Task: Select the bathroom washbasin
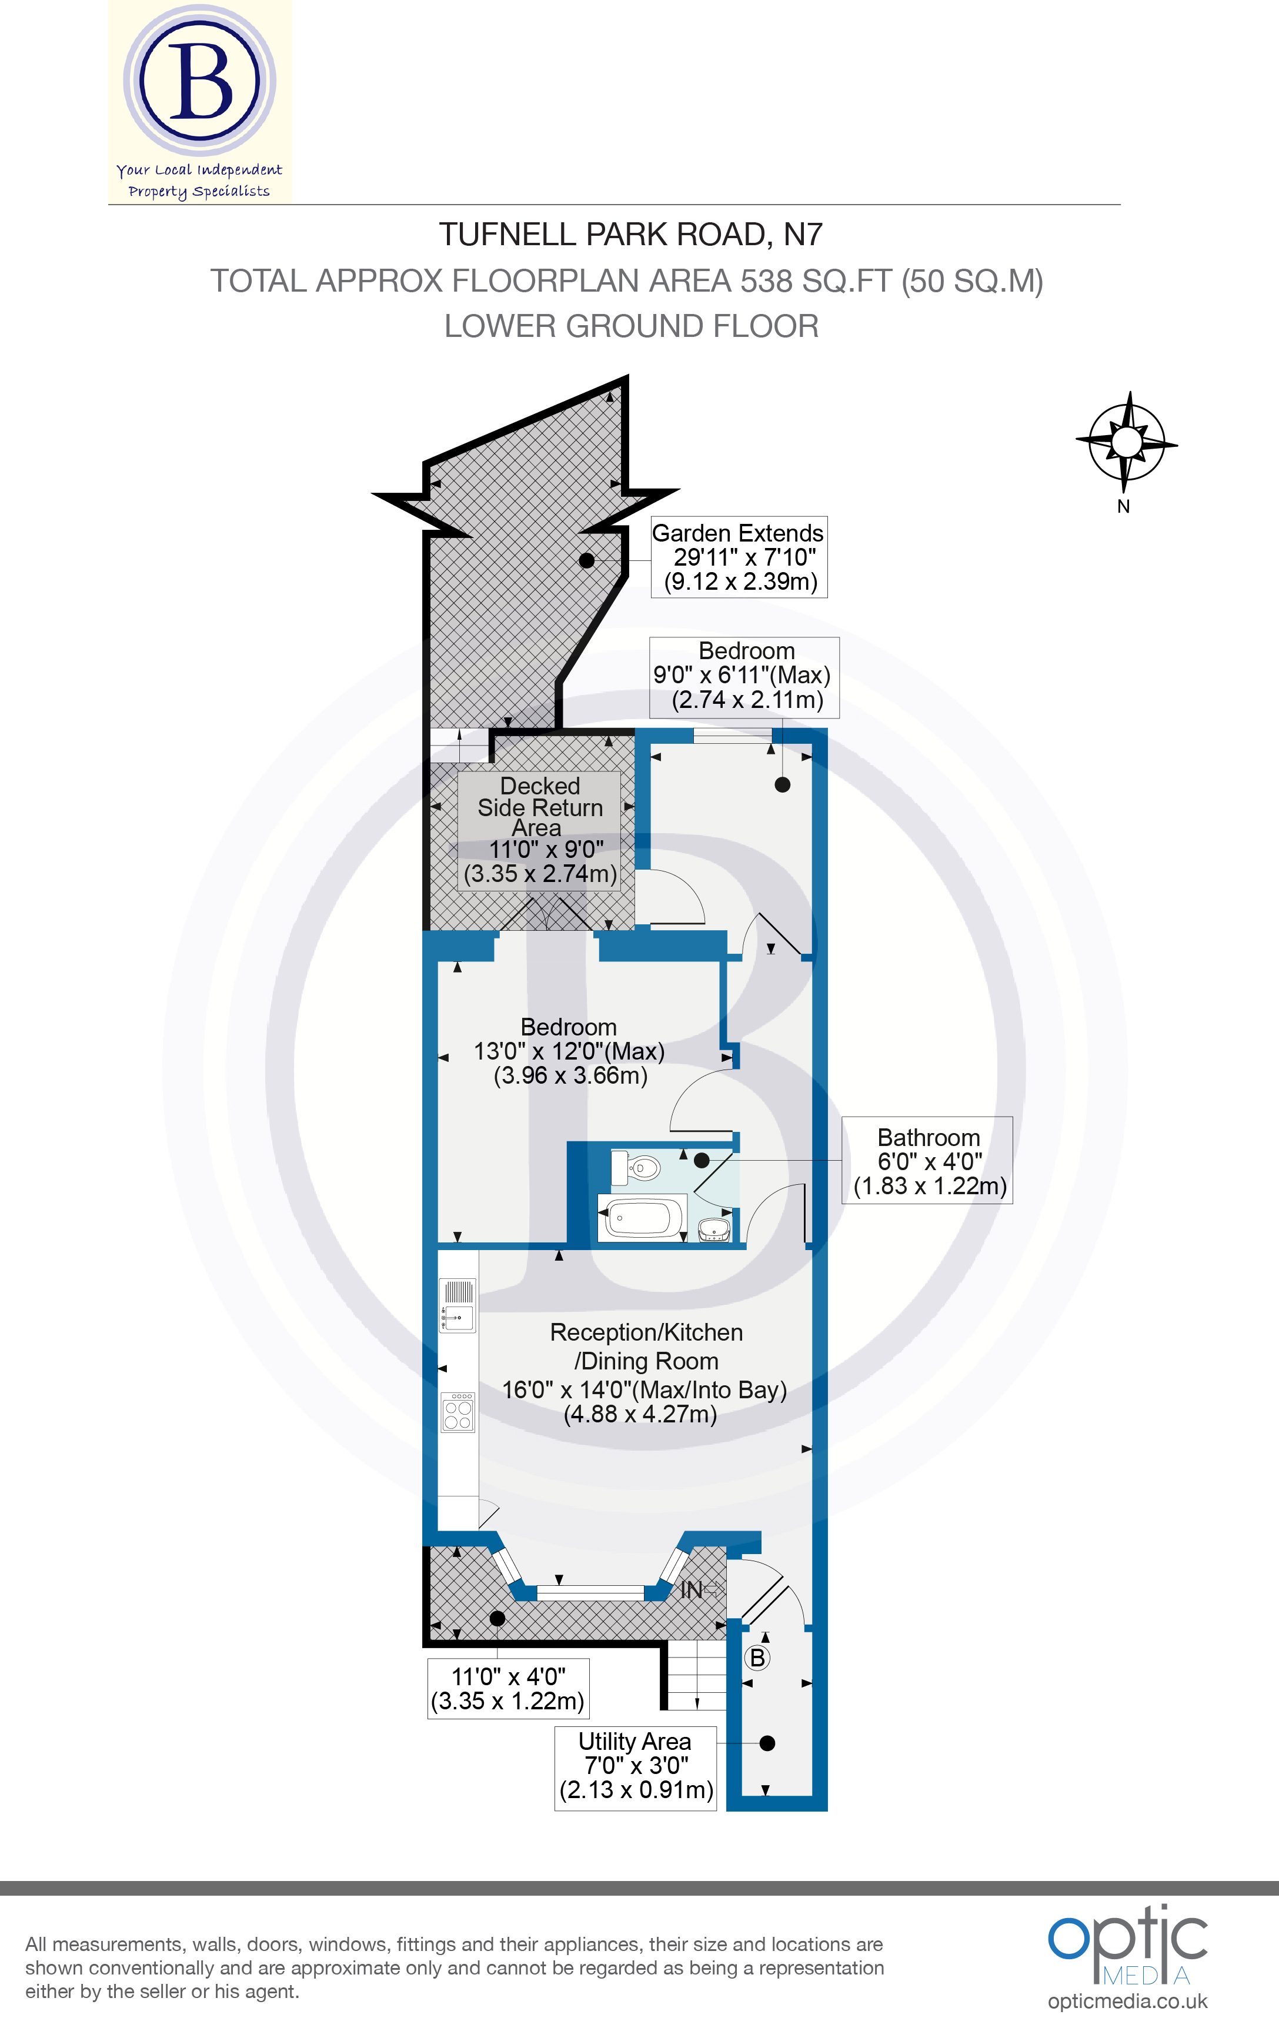[x=714, y=1228]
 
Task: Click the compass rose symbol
[x=1127, y=441]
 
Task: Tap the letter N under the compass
[x=1123, y=506]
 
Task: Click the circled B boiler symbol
[x=757, y=1658]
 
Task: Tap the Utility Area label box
[x=635, y=1768]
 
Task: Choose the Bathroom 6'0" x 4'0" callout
[x=928, y=1161]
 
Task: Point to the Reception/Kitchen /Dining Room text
[x=645, y=1346]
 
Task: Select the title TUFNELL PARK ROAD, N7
[x=630, y=235]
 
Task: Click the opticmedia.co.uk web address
[x=1127, y=2001]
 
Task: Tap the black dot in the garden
[x=587, y=560]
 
